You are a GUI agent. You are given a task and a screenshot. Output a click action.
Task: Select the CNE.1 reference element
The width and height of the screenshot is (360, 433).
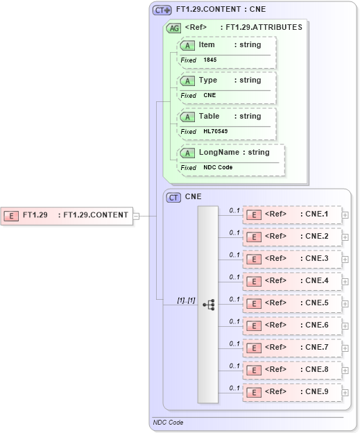coord(292,214)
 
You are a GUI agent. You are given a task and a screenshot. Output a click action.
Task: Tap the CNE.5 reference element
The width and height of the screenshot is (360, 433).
coord(292,303)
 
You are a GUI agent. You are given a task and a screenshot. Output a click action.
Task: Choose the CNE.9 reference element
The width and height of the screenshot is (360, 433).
coord(292,392)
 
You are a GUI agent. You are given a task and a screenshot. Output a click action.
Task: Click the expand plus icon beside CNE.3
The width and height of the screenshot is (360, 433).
coord(345,260)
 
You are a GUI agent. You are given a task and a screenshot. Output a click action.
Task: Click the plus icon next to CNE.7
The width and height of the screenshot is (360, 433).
coord(345,348)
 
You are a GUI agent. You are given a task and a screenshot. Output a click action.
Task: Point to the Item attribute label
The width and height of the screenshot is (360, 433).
coord(207,44)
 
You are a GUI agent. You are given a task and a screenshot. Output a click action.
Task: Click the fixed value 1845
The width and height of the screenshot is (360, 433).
coord(209,60)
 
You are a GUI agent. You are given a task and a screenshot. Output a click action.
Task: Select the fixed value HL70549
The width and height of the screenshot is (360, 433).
coord(215,132)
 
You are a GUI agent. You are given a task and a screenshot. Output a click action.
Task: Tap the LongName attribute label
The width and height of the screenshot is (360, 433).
coord(218,152)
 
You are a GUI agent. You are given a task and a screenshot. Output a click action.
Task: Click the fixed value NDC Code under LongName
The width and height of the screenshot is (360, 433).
coord(218,168)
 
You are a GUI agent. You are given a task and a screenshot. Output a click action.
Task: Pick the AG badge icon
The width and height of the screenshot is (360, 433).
coord(173,28)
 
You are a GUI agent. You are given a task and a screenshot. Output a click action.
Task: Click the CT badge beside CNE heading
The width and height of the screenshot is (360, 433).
coord(174,197)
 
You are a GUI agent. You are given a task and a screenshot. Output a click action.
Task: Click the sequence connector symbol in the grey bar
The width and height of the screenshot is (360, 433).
coord(208,304)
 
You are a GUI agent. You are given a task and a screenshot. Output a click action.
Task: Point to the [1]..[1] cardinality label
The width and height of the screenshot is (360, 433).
coord(186,300)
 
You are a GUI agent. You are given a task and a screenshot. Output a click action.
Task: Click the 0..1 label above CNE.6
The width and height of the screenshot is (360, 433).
coord(234,321)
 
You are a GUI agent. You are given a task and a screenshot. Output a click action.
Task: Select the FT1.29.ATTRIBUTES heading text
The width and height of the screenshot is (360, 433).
coord(264,28)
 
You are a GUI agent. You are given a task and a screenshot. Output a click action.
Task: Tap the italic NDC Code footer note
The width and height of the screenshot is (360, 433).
coord(169,422)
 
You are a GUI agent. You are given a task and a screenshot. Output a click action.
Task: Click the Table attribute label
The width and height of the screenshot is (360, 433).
coord(209,116)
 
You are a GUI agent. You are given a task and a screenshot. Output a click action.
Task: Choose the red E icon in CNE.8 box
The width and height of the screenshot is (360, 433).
coord(255,370)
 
